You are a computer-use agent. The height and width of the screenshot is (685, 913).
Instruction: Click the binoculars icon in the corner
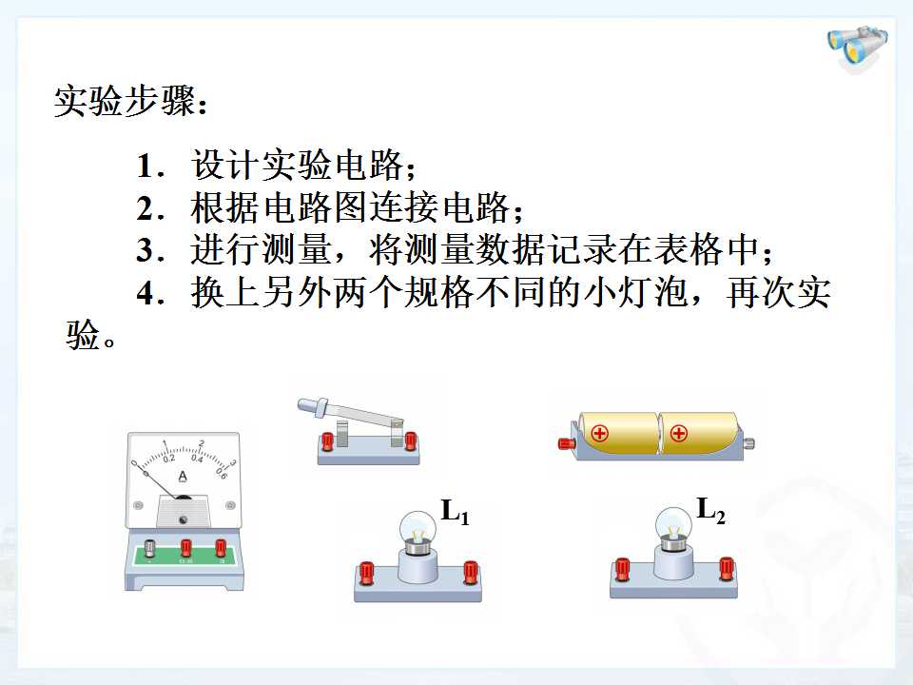(858, 49)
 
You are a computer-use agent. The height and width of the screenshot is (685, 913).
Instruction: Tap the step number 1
(146, 166)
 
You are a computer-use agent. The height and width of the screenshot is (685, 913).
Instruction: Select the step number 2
(146, 208)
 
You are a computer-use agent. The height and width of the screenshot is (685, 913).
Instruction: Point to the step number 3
(146, 250)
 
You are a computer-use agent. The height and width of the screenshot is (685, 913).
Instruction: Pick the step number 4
(146, 293)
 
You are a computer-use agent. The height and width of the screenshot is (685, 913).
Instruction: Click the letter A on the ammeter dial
(183, 477)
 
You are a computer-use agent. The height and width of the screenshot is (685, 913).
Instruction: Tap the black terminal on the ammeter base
(149, 548)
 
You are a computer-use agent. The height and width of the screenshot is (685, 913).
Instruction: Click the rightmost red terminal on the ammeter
(221, 548)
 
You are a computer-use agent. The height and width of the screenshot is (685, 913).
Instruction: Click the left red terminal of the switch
(326, 440)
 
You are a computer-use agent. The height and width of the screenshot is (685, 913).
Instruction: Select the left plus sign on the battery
(599, 434)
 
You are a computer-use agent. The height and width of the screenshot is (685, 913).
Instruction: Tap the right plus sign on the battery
(678, 434)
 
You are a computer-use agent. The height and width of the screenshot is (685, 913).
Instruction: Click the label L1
(456, 512)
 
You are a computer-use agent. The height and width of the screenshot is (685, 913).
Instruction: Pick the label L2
(711, 510)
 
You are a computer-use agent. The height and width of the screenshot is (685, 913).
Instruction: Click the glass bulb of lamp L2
(673, 526)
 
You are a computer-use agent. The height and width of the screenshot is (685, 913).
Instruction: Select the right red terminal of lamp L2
(726, 569)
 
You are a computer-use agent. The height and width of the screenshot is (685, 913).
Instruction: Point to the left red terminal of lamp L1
(367, 573)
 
